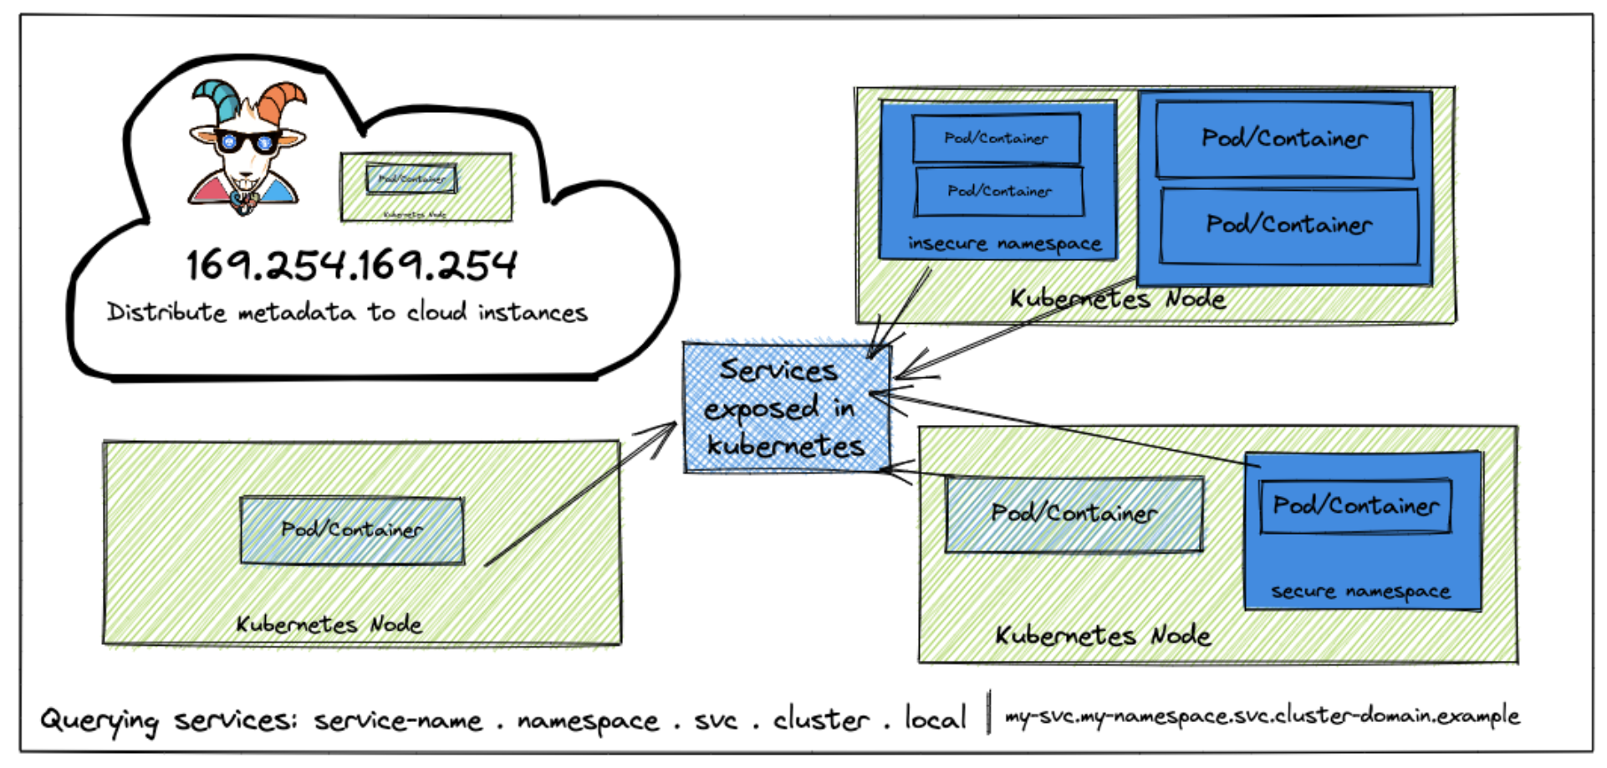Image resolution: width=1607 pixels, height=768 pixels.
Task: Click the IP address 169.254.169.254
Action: [x=351, y=265]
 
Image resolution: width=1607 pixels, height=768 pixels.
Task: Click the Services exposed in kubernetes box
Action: [x=786, y=408]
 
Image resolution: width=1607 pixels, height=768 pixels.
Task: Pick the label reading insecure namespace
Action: [x=1004, y=243]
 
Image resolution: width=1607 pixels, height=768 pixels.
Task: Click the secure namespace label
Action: [x=1360, y=591]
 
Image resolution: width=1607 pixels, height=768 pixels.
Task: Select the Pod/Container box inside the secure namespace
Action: [x=1355, y=505]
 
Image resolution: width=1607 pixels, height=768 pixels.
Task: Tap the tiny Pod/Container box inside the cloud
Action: [x=411, y=178]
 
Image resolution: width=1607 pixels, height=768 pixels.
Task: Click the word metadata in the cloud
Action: [x=297, y=313]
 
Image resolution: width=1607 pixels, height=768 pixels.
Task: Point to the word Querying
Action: [x=99, y=720]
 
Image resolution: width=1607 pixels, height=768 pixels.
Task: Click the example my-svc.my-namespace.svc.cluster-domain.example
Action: [x=1262, y=716]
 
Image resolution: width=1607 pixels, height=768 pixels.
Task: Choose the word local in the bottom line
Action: [x=935, y=718]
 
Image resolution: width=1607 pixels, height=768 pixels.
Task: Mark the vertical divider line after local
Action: [x=990, y=713]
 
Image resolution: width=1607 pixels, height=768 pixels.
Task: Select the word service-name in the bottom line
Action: [x=398, y=720]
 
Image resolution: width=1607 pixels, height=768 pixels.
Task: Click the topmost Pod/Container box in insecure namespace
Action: [x=996, y=138]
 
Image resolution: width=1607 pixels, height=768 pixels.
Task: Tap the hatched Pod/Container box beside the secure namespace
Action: [x=1074, y=514]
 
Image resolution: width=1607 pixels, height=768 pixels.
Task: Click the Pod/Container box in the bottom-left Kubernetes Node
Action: [x=352, y=530]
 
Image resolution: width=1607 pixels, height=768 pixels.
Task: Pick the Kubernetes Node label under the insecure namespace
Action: [x=1117, y=299]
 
